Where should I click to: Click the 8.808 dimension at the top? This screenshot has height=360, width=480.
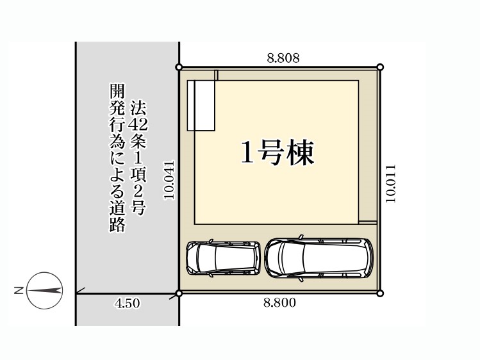point(283,58)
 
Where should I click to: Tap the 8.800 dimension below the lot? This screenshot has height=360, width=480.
point(280,303)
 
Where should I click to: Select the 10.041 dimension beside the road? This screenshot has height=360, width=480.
point(169,180)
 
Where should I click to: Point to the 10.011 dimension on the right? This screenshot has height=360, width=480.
point(391,183)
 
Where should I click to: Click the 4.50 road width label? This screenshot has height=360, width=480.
point(128,304)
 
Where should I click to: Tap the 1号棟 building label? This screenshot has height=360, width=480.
point(277,153)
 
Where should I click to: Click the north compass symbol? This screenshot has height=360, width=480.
point(45,291)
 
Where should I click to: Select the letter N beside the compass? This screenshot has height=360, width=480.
point(19,291)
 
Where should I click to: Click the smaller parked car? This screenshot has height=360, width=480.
point(224,258)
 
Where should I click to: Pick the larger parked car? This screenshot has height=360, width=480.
point(319,258)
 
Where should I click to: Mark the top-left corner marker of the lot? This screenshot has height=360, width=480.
point(179,67)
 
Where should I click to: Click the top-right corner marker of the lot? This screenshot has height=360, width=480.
point(380,67)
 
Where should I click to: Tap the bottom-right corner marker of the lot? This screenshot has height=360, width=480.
point(380,293)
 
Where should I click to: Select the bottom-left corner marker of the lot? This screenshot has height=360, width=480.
point(179,293)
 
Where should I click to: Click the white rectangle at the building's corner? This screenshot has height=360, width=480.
point(201,106)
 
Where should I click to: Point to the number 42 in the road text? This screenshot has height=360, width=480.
point(138,124)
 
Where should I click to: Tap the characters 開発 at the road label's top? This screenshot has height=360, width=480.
point(117,99)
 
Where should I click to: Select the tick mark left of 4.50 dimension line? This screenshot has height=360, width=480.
point(80,291)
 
